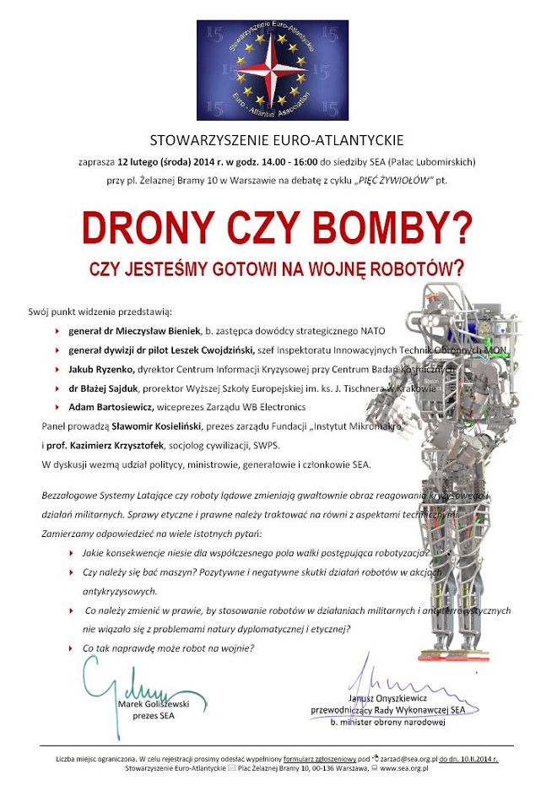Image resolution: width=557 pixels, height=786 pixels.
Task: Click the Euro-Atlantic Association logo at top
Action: [272, 69]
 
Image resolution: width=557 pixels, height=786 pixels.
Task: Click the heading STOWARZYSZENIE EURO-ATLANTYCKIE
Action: [277, 140]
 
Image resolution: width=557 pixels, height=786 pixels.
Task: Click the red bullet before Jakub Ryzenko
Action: [57, 370]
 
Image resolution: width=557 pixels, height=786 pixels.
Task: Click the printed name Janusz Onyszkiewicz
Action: [387, 698]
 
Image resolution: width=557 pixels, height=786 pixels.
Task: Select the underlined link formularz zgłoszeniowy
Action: [320, 759]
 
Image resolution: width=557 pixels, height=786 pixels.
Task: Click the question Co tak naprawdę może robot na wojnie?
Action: [168, 648]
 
